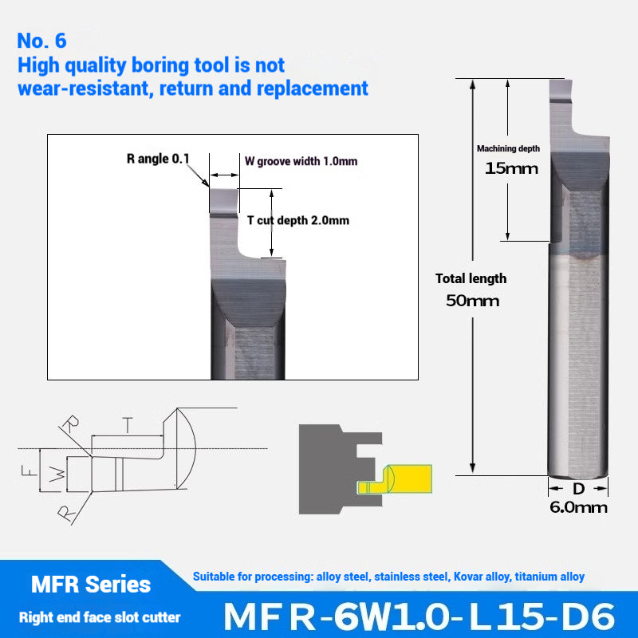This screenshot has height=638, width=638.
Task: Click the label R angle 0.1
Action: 158,159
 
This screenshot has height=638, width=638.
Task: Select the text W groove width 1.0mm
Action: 301,161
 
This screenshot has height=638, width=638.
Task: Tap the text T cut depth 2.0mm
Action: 297,221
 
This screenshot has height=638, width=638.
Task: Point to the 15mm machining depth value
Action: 511,168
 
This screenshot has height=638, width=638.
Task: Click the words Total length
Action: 471,278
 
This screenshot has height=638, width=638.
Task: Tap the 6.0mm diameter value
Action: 578,507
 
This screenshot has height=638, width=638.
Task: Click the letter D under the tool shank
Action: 579,488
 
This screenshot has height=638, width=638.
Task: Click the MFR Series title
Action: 90,585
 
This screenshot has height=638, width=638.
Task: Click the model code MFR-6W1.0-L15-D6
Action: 419,616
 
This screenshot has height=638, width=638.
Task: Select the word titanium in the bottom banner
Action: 534,577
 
